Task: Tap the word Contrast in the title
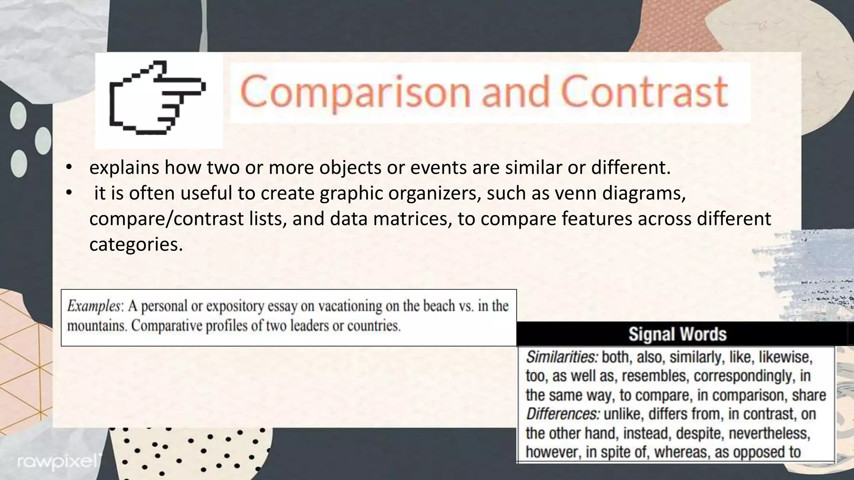click(645, 92)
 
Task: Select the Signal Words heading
click(677, 334)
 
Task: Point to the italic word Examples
click(94, 306)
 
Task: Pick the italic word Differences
click(563, 414)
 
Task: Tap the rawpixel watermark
click(58, 462)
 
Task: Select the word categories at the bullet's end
click(136, 245)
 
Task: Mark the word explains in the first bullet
click(124, 168)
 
